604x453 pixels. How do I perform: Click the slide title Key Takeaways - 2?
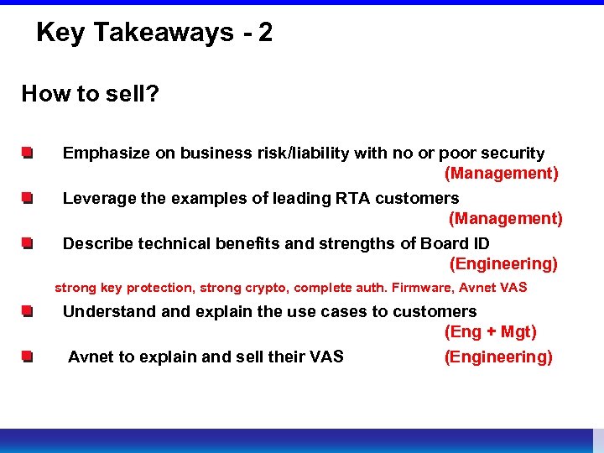(154, 33)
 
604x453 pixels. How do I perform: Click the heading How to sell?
(91, 93)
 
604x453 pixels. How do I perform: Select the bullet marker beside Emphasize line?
(28, 154)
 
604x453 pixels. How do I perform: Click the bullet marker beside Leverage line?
(28, 199)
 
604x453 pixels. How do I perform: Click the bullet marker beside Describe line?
(28, 244)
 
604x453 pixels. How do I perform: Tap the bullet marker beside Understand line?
(28, 312)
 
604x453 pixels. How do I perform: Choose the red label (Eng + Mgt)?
(491, 332)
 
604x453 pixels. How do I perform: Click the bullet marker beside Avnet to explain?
(28, 357)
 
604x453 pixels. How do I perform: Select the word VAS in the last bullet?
(326, 357)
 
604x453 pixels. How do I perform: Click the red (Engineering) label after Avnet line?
(498, 357)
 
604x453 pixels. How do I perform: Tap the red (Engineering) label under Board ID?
(503, 264)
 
